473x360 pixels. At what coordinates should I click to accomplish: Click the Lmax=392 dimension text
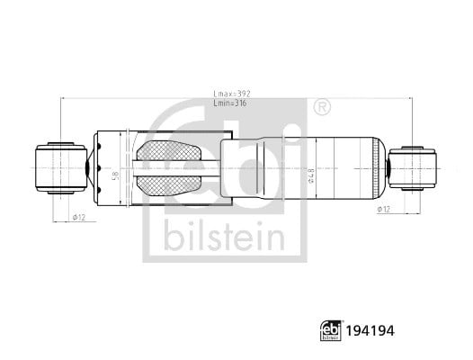(232, 94)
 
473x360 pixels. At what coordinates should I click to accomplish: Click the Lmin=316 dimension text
(230, 103)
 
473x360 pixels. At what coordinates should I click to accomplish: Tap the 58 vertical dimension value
(115, 175)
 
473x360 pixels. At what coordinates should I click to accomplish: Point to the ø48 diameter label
(311, 175)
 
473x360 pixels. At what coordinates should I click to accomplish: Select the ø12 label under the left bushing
(79, 217)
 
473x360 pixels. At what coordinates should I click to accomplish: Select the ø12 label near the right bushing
(384, 209)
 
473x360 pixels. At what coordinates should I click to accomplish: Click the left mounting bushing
(61, 168)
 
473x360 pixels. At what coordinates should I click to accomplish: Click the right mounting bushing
(412, 168)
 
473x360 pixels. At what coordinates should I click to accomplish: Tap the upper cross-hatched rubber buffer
(169, 150)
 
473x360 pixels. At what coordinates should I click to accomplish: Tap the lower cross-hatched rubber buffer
(169, 185)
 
